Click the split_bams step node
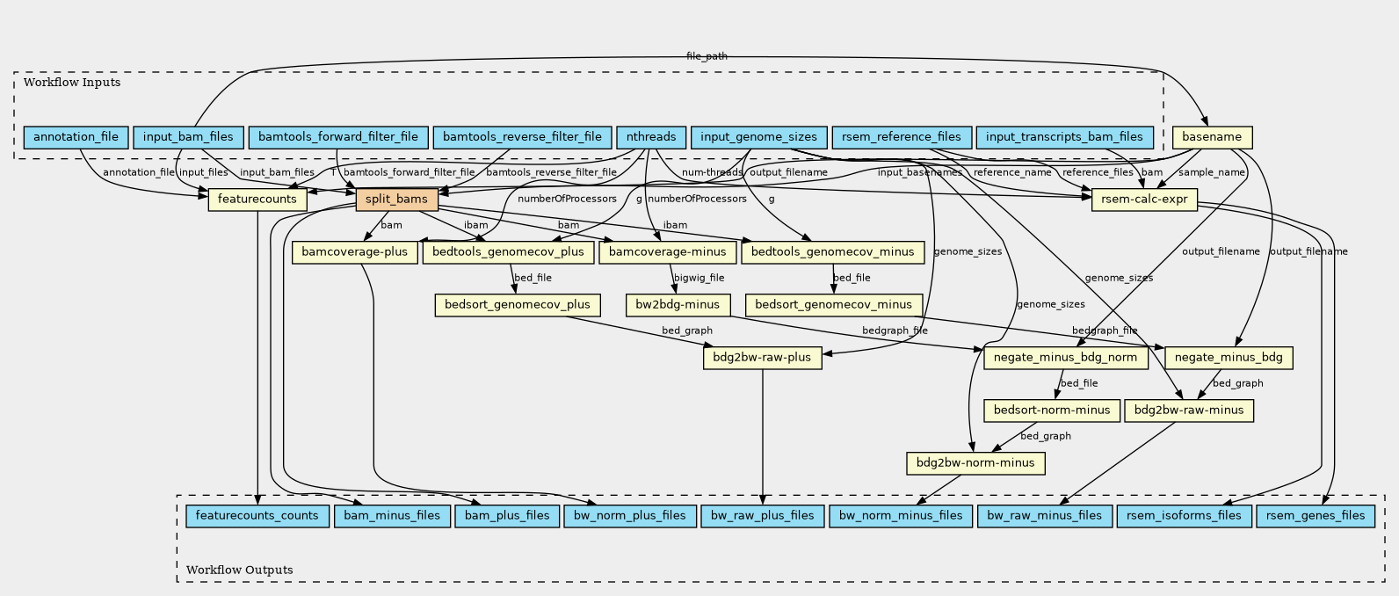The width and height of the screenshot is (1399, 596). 396,200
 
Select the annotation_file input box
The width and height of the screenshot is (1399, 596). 76,137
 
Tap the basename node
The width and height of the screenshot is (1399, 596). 1212,137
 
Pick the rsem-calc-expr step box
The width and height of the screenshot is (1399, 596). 1144,200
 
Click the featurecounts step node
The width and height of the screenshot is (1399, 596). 257,200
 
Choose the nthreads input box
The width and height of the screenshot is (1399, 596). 651,137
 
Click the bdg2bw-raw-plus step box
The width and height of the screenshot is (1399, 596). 763,358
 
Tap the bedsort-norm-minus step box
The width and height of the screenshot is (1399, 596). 1052,411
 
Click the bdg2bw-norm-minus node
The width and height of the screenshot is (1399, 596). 975,462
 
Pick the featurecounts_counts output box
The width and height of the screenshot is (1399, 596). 257,515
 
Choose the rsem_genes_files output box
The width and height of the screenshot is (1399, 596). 1316,515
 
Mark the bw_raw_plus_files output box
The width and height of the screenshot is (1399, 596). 763,515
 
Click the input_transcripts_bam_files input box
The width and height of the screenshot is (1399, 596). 1064,137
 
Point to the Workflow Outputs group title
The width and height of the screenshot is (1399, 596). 239,570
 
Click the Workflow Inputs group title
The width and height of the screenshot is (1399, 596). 72,83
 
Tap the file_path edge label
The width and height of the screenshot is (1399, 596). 707,56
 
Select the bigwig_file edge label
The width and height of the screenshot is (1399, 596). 699,278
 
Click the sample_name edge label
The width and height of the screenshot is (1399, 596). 1211,172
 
